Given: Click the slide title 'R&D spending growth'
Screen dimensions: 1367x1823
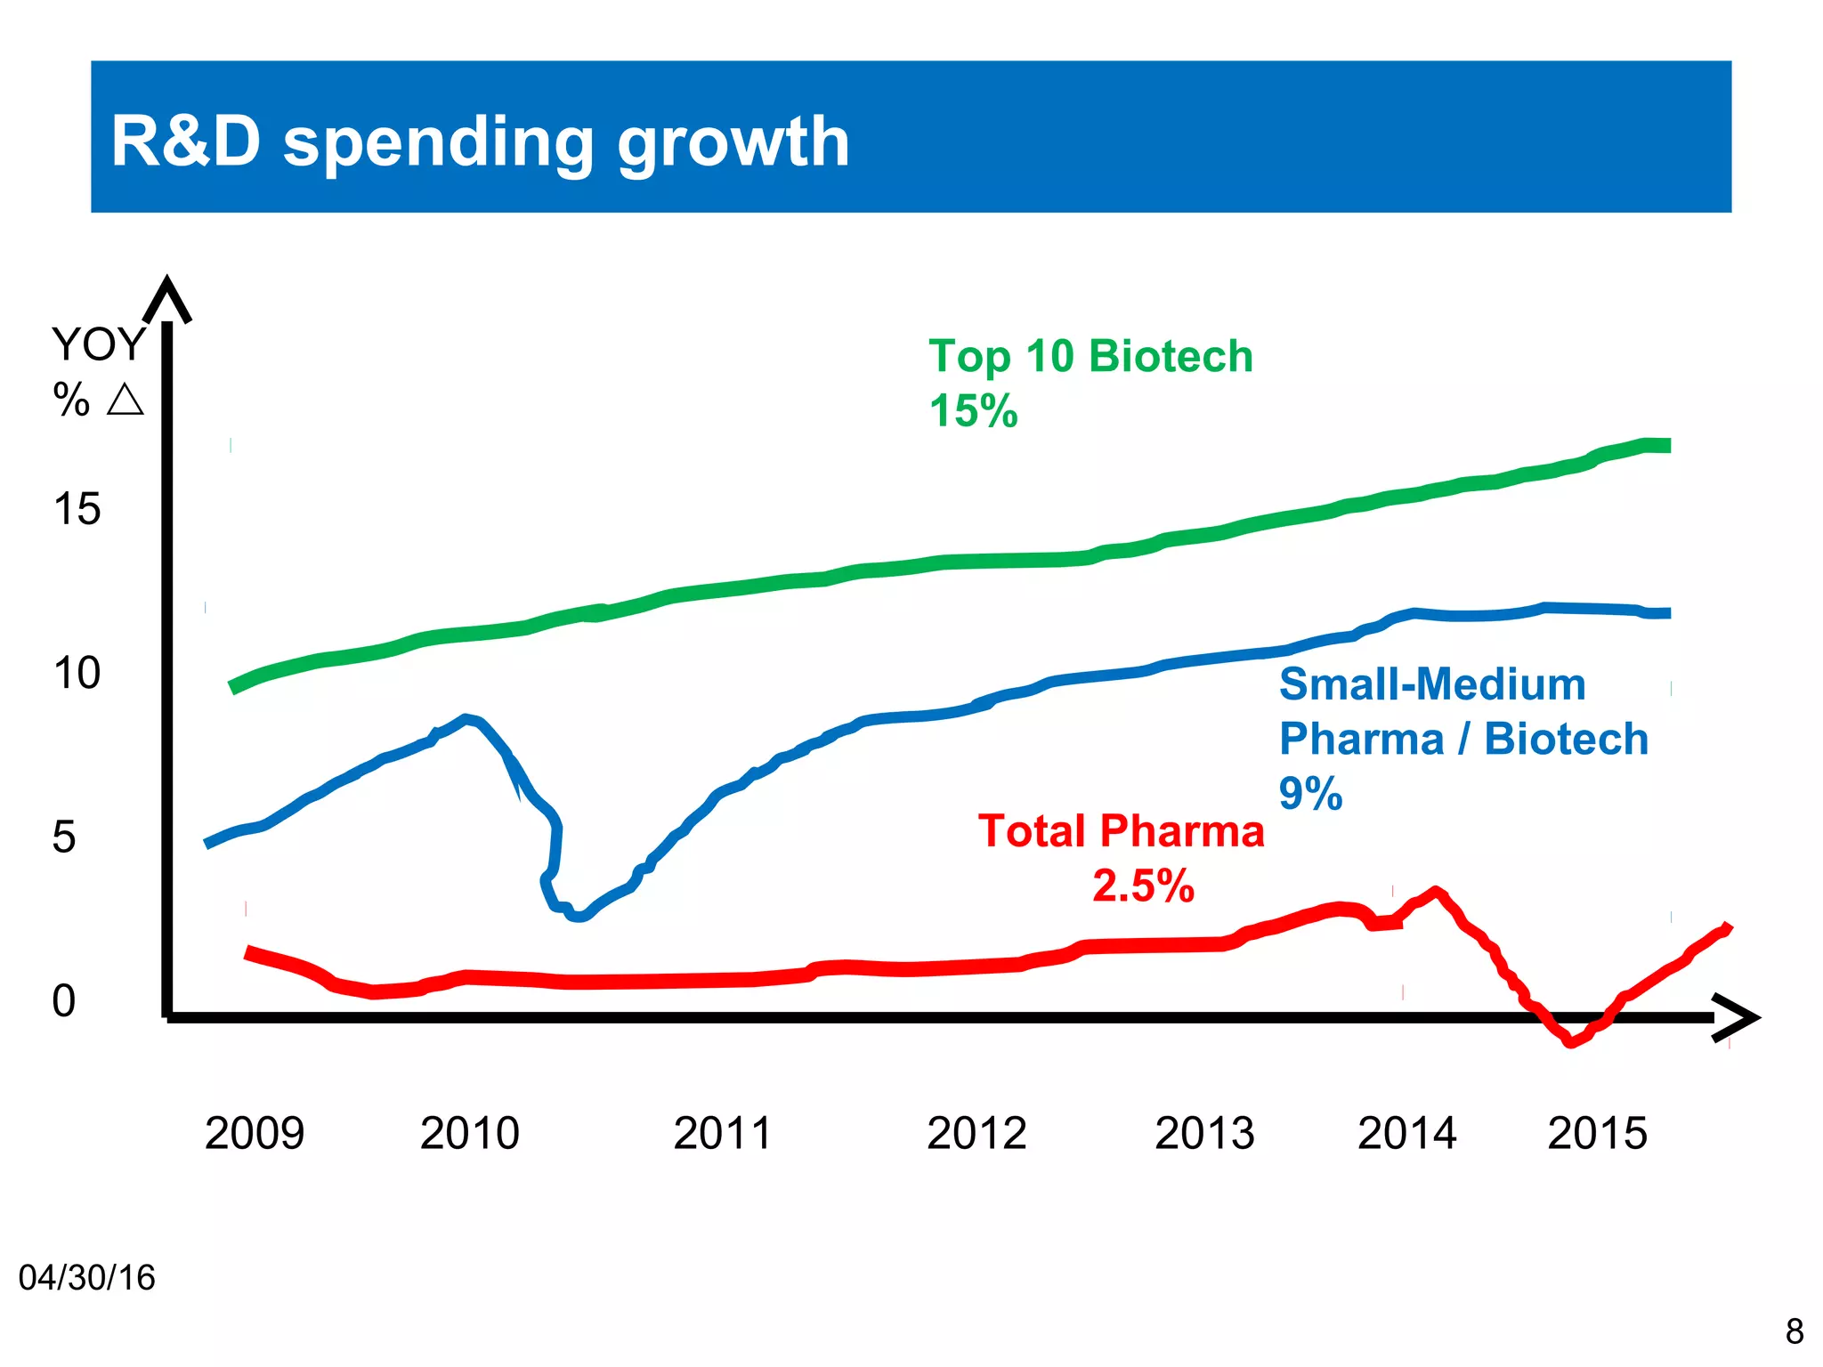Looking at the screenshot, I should coord(481,142).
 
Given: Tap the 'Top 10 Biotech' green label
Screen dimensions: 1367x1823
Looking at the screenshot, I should coord(1090,356).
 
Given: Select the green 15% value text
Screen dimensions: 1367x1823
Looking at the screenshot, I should coord(973,411).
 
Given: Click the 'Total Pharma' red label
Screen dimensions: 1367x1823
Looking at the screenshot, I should coord(1121,831).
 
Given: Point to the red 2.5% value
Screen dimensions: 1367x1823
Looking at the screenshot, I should coord(1143,886).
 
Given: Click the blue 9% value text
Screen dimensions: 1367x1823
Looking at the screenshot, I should coord(1310,793).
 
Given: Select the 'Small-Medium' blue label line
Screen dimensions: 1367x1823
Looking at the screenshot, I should coord(1432,684).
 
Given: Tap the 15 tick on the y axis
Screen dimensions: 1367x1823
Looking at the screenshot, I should coord(77,509).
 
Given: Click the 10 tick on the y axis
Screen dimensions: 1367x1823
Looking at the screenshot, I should coord(77,673).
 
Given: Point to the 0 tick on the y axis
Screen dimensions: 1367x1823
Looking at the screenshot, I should coord(64,1001).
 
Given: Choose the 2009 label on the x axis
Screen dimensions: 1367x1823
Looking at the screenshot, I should coord(255,1133).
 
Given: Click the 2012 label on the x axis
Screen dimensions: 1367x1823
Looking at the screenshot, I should coord(976,1133).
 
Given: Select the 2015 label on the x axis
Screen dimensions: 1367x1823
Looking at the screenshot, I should coord(1597,1133).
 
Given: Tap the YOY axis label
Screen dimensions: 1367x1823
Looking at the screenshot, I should coord(98,344).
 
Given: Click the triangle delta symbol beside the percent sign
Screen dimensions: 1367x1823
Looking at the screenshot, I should coord(125,400).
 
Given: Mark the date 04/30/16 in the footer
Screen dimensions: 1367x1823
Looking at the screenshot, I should coord(86,1278).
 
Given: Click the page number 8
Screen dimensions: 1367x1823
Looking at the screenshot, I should coord(1795,1331).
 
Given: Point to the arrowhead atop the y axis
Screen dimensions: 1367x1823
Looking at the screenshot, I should coord(166,298).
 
